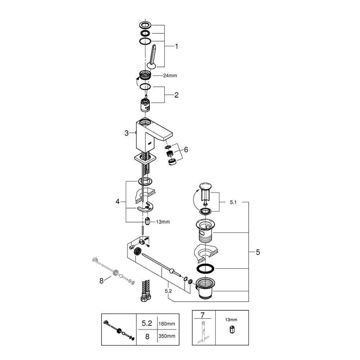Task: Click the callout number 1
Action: tap(177, 46)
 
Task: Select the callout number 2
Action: tap(176, 95)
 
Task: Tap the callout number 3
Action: tap(126, 133)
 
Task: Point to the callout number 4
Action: tap(117, 202)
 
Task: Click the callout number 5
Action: tap(258, 252)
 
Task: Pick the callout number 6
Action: tap(186, 149)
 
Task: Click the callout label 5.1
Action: tap(233, 203)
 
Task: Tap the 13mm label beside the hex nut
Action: tap(163, 222)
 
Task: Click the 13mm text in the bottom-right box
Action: tap(231, 319)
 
